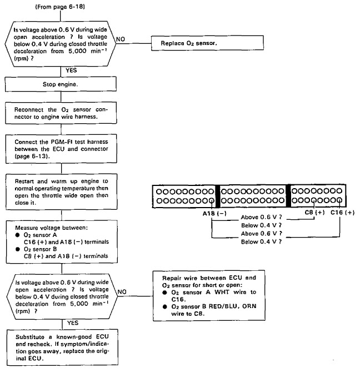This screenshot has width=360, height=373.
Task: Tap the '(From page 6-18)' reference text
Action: pyautogui.click(x=60, y=7)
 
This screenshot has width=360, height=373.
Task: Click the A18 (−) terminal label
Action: pyautogui.click(x=214, y=213)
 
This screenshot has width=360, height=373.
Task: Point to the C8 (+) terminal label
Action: pyautogui.click(x=315, y=212)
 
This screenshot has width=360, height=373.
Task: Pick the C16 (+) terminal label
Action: pyautogui.click(x=342, y=213)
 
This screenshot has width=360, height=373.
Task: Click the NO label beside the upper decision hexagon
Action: pyautogui.click(x=121, y=39)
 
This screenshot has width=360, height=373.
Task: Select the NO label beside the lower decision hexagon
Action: pyautogui.click(x=122, y=291)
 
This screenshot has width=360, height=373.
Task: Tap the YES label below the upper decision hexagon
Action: pyautogui.click(x=71, y=70)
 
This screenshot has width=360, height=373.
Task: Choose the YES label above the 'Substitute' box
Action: pyautogui.click(x=73, y=323)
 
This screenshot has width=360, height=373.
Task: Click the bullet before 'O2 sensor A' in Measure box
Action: pyautogui.click(x=17, y=235)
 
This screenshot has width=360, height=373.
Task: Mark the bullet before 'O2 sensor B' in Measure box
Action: pyautogui.click(x=17, y=249)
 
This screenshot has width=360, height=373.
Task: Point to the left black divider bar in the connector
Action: pyautogui.click(x=218, y=196)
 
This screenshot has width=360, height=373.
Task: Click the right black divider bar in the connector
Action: pyautogui.click(x=288, y=195)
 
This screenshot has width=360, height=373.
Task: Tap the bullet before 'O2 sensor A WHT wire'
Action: pyautogui.click(x=165, y=293)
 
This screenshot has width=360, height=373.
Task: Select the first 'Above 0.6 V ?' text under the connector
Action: pyautogui.click(x=261, y=217)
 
